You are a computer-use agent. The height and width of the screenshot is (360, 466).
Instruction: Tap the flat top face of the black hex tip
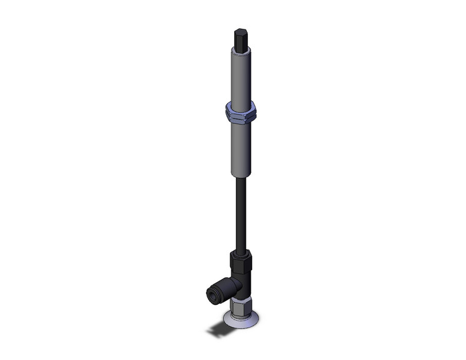click(240, 31)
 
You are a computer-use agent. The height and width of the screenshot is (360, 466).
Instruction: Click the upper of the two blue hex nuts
click(240, 109)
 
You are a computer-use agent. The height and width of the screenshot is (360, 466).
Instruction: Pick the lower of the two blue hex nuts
click(240, 117)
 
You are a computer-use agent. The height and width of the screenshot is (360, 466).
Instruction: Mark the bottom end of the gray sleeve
click(240, 174)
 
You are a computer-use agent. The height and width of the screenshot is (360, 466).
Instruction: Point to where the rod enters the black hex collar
click(240, 250)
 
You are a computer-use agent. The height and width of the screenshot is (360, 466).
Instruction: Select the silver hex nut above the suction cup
click(240, 304)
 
